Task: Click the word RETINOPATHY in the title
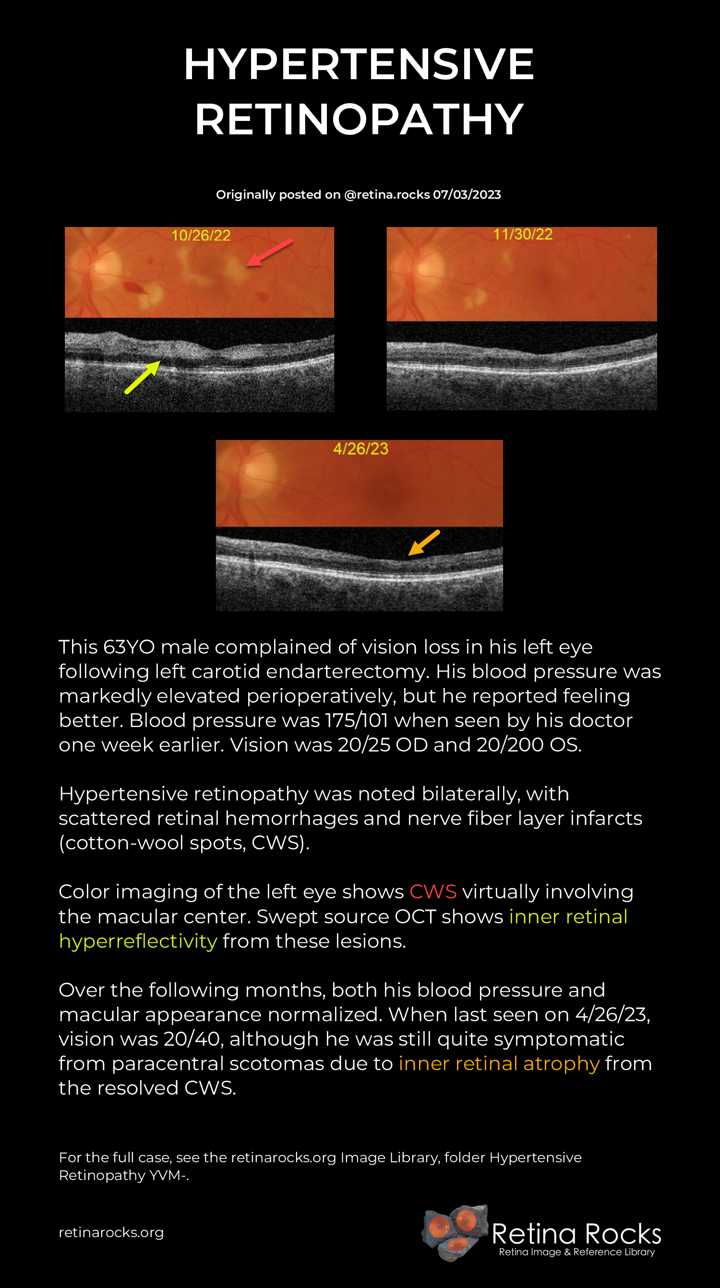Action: (x=359, y=119)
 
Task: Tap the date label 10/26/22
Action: (x=201, y=236)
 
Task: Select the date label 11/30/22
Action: (x=523, y=234)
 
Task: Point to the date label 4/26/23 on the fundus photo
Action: (x=360, y=449)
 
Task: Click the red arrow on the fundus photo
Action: (x=269, y=252)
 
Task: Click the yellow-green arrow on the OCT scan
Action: (x=143, y=377)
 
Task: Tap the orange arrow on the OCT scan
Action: (x=424, y=542)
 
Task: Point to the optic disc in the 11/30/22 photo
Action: (x=428, y=267)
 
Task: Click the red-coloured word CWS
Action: (x=433, y=892)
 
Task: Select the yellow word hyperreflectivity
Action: (x=138, y=941)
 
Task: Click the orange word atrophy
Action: (x=562, y=1063)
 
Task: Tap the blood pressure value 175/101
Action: (x=357, y=720)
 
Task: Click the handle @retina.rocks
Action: (x=387, y=194)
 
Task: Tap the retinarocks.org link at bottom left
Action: (x=111, y=1232)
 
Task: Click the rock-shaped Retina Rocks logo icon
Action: (x=455, y=1232)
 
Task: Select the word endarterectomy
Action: (x=348, y=671)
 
